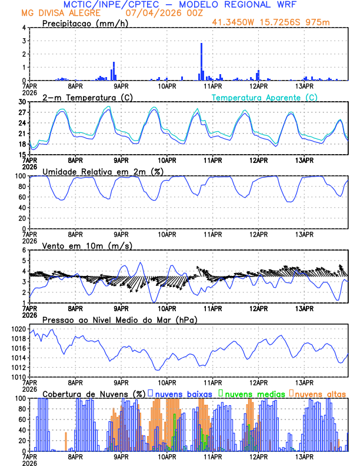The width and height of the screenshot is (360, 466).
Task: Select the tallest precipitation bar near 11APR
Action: point(201,61)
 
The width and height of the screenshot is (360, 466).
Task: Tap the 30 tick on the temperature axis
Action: point(22,102)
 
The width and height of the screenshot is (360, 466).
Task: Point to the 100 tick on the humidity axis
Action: point(20,176)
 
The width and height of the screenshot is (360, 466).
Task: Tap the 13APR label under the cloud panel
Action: point(304,456)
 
